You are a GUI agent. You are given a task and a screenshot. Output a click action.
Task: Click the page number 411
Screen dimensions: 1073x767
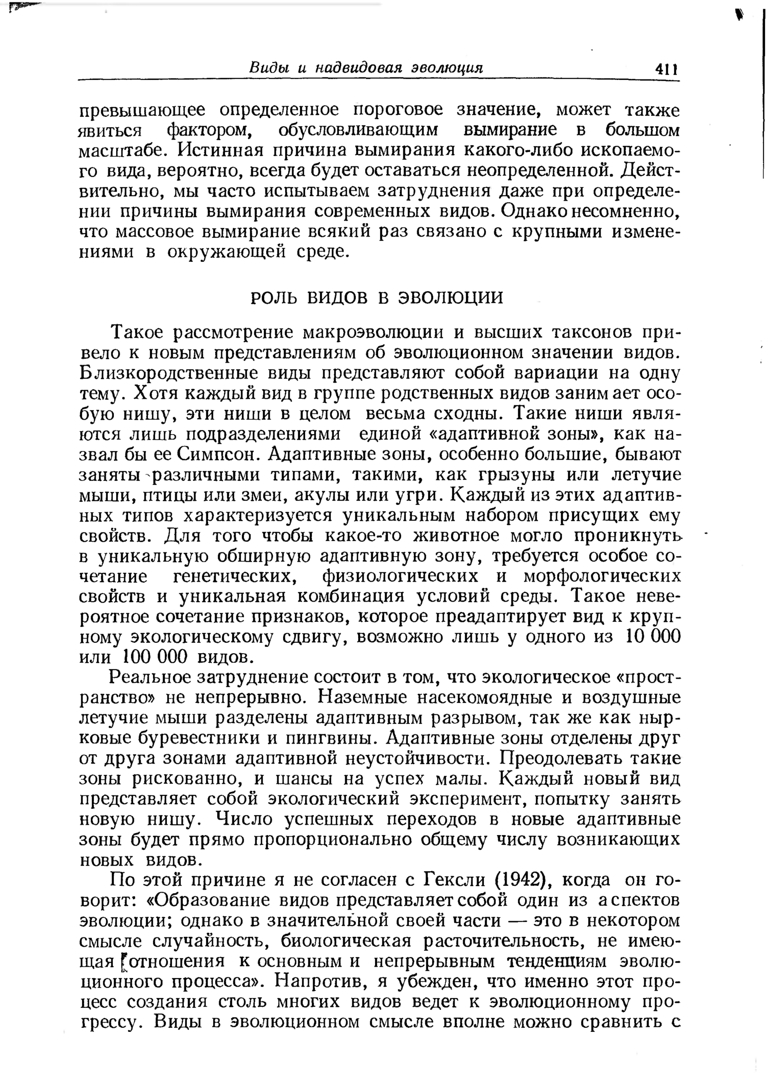click(666, 69)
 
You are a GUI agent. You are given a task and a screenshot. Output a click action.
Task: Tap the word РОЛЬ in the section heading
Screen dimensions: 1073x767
click(274, 298)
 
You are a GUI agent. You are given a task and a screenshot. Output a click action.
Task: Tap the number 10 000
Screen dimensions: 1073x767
click(651, 637)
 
